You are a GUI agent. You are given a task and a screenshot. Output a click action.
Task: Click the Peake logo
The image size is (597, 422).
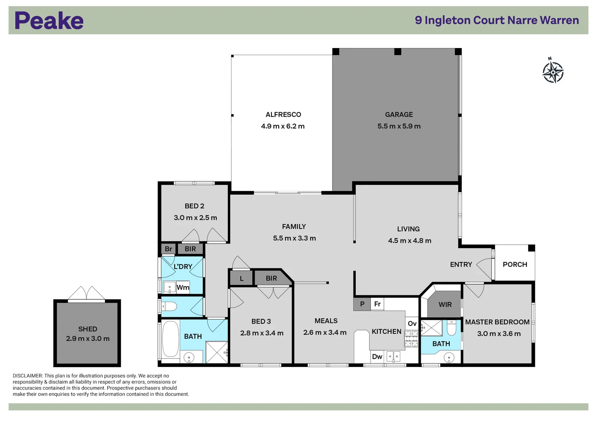pos(49,21)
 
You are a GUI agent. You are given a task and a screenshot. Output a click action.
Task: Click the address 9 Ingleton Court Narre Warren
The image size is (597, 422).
pos(497,20)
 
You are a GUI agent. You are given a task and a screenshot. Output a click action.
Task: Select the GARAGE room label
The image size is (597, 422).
pos(399,114)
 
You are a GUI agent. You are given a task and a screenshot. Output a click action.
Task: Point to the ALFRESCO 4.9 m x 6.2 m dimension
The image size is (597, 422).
pos(283,126)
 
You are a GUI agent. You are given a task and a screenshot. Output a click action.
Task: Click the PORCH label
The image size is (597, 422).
pos(515,265)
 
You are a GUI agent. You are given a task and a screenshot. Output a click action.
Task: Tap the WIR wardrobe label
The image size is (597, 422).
pos(445,304)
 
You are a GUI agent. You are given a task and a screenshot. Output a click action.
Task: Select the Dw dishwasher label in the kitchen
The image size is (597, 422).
pos(377,356)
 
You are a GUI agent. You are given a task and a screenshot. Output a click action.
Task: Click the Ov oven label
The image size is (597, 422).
pos(412,324)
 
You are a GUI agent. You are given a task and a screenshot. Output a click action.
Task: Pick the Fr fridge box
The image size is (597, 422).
pos(377,304)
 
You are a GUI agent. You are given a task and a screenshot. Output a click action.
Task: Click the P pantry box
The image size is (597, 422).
pos(362,304)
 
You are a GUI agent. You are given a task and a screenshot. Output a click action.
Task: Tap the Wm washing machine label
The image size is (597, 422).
pos(183,288)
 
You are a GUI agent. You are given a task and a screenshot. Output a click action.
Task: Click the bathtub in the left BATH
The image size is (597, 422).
pos(170,339)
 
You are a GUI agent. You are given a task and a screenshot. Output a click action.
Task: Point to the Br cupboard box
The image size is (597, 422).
pos(169,249)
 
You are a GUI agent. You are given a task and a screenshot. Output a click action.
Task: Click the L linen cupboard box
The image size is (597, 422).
pos(241,279)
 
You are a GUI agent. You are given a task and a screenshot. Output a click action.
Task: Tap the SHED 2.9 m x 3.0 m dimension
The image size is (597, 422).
pos(88,339)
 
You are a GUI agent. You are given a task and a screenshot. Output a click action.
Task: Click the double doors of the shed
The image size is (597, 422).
pos(86,294)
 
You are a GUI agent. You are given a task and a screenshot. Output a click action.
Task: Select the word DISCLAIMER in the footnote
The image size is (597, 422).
pos(27,376)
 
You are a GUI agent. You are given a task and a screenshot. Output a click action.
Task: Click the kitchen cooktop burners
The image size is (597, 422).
pos(411,339)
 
